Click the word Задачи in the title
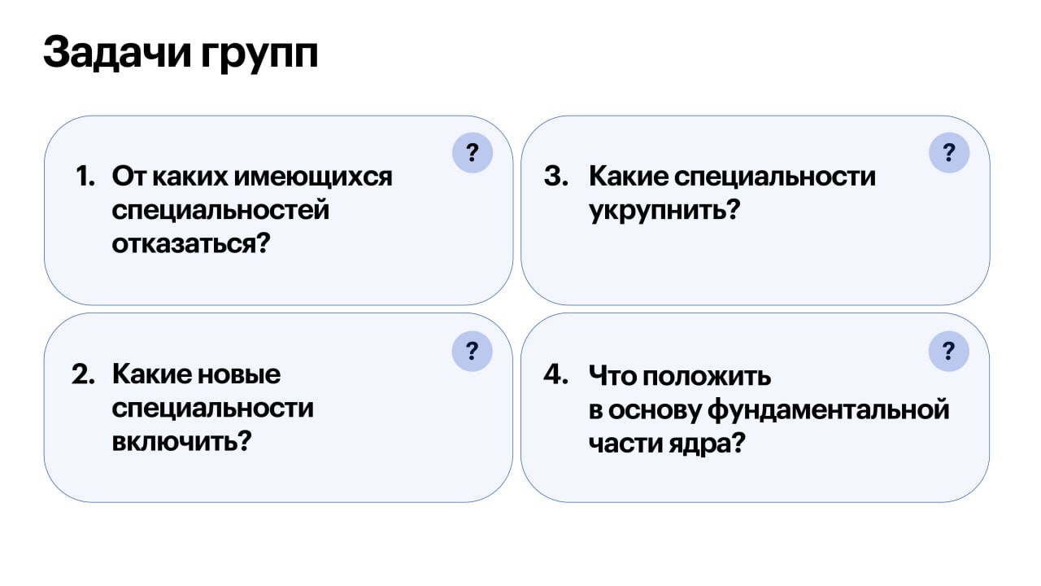(117, 53)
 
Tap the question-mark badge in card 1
(473, 152)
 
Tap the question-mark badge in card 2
(472, 351)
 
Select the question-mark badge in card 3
(949, 152)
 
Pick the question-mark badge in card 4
(948, 351)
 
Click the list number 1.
(85, 177)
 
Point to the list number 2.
(83, 374)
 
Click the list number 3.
(556, 177)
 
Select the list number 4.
(555, 374)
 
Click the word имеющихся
(313, 177)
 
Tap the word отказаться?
(191, 243)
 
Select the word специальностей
(220, 211)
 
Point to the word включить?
(181, 440)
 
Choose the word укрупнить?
(664, 211)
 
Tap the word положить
(707, 376)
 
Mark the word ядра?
(707, 444)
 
